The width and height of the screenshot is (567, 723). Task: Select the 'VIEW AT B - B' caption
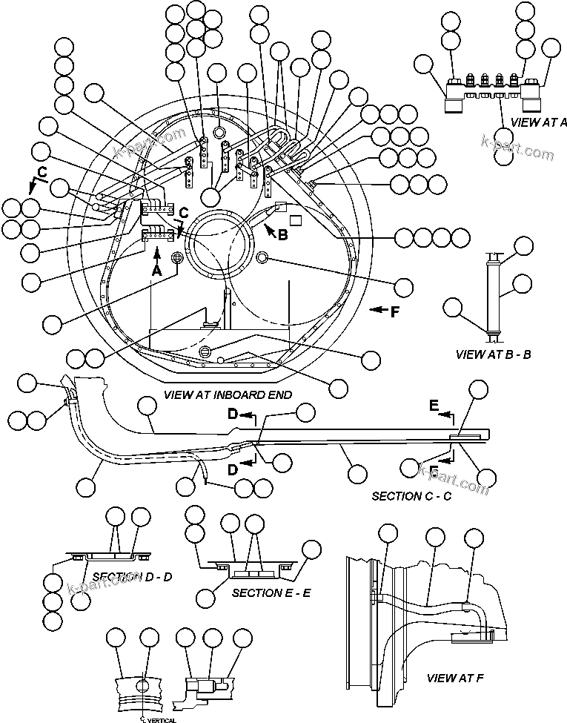(x=493, y=354)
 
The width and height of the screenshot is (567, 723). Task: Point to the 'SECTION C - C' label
(x=411, y=495)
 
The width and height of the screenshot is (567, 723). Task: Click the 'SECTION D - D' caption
(x=133, y=576)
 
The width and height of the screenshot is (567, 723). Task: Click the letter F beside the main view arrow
(x=394, y=311)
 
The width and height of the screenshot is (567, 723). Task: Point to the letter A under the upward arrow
(x=156, y=272)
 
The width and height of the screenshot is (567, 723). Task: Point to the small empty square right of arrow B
(x=294, y=220)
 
